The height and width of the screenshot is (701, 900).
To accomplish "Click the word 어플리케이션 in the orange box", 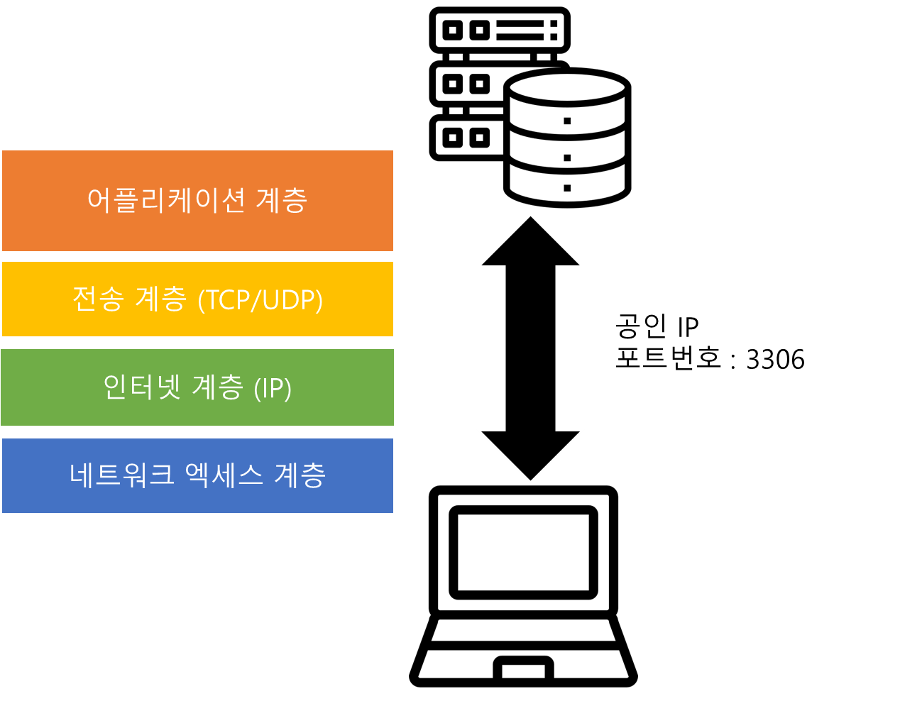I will click(166, 200).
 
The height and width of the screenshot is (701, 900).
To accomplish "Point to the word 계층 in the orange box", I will click(281, 200).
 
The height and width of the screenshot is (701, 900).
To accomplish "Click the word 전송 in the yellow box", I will click(98, 299).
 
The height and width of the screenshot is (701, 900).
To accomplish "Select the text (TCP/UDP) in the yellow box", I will click(260, 300).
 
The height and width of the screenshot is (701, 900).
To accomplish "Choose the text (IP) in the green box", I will click(273, 388).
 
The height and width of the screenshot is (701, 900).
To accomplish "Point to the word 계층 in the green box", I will click(217, 387).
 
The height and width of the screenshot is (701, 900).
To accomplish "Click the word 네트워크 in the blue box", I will click(122, 475).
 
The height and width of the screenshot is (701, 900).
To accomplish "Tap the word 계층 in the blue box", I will click(300, 475).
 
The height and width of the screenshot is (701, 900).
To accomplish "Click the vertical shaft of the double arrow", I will click(530, 348).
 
